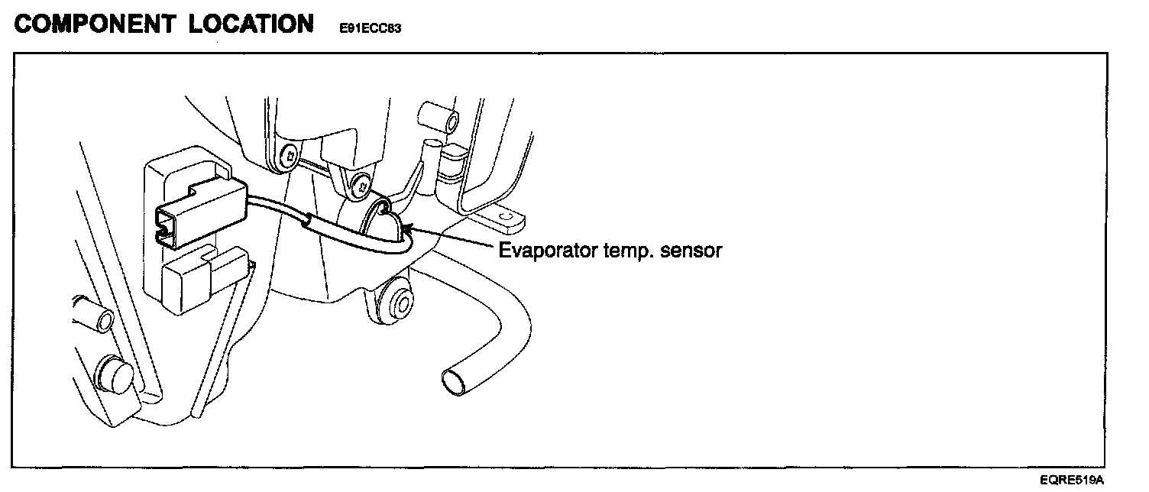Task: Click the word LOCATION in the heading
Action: [250, 24]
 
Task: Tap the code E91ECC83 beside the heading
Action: [371, 28]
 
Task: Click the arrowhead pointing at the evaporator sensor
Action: [407, 228]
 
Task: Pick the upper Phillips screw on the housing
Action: [288, 157]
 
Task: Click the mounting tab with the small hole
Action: [502, 221]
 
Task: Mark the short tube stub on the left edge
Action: [93, 316]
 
